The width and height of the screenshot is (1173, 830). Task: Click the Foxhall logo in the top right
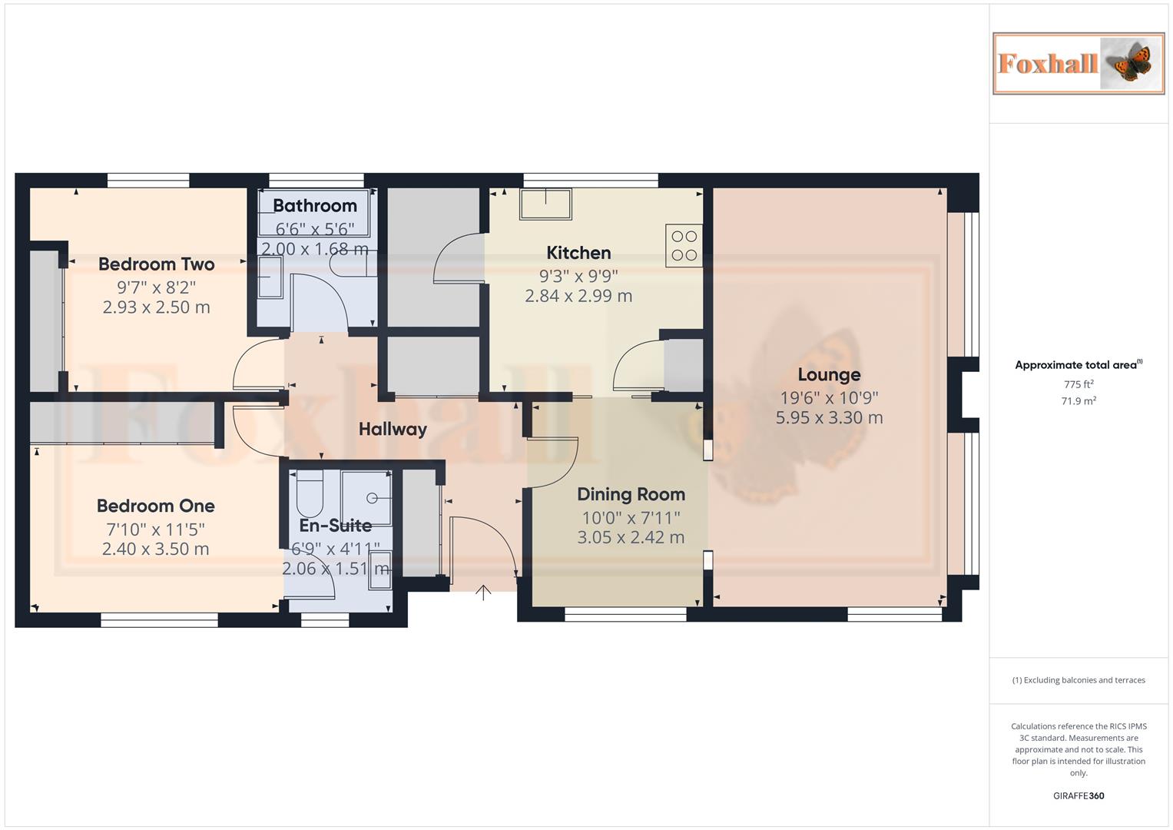pyautogui.click(x=1078, y=63)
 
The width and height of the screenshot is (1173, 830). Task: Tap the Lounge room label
pyautogui.click(x=829, y=375)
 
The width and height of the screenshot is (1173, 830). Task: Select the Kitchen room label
pyautogui.click(x=578, y=253)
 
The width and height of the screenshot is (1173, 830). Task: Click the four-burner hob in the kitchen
pyautogui.click(x=684, y=245)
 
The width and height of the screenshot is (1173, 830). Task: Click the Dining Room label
pyautogui.click(x=631, y=495)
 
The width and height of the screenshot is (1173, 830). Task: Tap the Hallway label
pyautogui.click(x=393, y=430)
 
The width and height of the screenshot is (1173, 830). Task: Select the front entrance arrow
pyautogui.click(x=483, y=592)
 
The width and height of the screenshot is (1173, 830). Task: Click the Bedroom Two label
pyautogui.click(x=156, y=264)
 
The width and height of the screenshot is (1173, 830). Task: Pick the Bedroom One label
pyautogui.click(x=155, y=506)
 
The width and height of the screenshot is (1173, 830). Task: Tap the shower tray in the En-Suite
pyautogui.click(x=366, y=497)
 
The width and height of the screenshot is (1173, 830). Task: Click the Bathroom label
pyautogui.click(x=315, y=206)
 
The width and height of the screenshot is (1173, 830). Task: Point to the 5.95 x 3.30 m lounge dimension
pyautogui.click(x=829, y=418)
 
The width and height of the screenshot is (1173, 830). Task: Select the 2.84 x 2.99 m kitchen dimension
pyautogui.click(x=578, y=296)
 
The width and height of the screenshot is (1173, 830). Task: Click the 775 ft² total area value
pyautogui.click(x=1078, y=384)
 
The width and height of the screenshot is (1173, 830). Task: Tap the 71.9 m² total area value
pyautogui.click(x=1078, y=401)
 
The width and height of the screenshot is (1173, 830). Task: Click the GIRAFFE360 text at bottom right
pyautogui.click(x=1078, y=795)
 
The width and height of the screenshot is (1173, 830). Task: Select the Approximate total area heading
pyautogui.click(x=1075, y=365)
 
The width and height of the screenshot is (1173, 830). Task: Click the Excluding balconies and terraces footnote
pyautogui.click(x=1078, y=680)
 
